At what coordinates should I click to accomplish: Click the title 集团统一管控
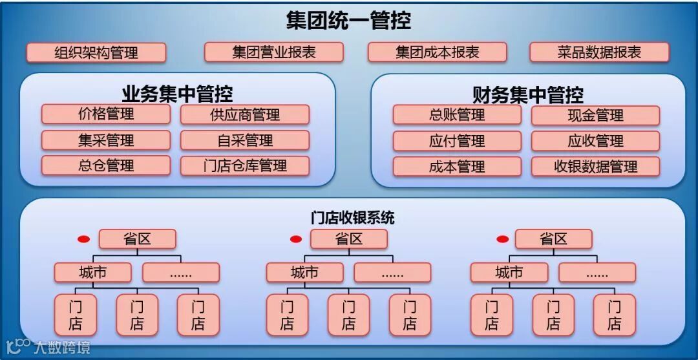coord(348,20)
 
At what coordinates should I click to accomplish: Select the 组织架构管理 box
coord(96,52)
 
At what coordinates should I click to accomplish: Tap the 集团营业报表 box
coord(274,52)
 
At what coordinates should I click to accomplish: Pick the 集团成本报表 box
coord(438,52)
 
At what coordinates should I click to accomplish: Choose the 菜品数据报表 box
coord(599,52)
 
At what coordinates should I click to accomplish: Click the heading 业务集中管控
coord(178,94)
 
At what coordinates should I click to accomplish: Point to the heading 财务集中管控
coord(528,95)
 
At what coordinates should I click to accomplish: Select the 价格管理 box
coord(106,114)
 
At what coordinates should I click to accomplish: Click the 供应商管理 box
coord(245,115)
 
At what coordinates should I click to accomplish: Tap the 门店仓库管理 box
coord(245,165)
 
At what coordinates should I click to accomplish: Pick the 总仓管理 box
coord(106,165)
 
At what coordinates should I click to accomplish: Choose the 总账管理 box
coord(457,115)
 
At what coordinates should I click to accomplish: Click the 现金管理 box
coord(595,115)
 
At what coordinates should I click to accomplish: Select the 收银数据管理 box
coord(595,166)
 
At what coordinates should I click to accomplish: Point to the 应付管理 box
coord(457,141)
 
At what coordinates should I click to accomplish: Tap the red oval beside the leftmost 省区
coord(83,239)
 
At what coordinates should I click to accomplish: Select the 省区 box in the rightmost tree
coord(553,239)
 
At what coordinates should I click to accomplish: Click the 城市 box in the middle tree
coord(304,273)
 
